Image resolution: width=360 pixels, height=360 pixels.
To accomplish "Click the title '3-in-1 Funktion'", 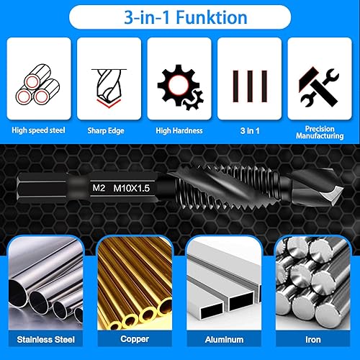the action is [x=185, y=17].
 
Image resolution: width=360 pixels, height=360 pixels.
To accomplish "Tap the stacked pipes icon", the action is [x=37, y=84].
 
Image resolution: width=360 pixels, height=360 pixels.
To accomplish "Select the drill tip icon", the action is [x=109, y=88].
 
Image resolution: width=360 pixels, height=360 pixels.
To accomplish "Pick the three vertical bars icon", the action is [x=250, y=86].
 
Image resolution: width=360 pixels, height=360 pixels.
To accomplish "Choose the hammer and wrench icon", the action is [x=318, y=87].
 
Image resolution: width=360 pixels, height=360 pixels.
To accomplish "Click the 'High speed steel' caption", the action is [x=38, y=130].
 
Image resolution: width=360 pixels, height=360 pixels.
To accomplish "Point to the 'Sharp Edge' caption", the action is [x=106, y=130].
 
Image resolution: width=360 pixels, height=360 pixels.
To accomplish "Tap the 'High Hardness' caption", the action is [x=179, y=130].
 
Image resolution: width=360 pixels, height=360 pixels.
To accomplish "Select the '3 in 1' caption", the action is [x=250, y=131].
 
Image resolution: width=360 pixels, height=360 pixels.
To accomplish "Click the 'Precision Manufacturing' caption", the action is [x=320, y=132].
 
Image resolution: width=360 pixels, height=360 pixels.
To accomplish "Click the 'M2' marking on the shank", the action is [x=99, y=188].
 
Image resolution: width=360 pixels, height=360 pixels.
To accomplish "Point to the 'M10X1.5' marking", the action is [x=132, y=189].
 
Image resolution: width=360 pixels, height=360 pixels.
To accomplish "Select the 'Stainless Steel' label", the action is [x=46, y=339].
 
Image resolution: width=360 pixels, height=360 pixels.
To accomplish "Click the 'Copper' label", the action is [x=135, y=339].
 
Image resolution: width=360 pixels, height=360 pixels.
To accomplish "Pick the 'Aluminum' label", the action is [x=224, y=339].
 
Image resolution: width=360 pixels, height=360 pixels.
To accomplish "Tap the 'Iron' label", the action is [x=313, y=339].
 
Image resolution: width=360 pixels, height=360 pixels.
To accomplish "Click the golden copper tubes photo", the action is [x=135, y=283].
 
